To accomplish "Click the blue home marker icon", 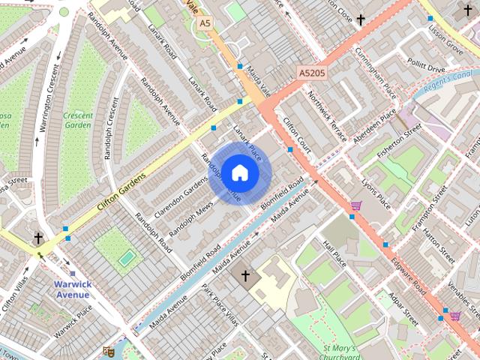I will click(239, 173).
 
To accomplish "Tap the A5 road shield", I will click(205, 24).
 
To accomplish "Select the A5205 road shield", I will click(312, 73).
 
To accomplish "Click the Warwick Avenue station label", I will click(73, 289).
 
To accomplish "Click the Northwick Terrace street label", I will click(328, 117).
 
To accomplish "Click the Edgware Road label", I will click(409, 277).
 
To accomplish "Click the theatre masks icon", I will click(108, 350).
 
